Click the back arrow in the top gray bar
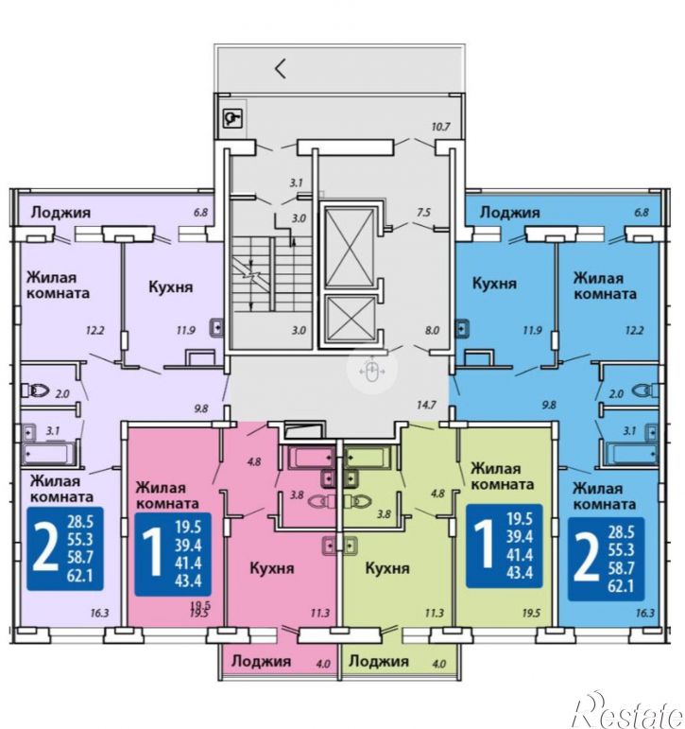[x=280, y=69]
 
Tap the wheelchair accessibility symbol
[x=231, y=118]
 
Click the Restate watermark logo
[x=628, y=710]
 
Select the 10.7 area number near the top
[x=440, y=127]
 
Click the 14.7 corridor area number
[x=426, y=405]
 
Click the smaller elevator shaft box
[x=351, y=319]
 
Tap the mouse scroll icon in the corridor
[x=371, y=370]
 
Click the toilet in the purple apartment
[x=35, y=391]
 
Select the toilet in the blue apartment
[x=645, y=391]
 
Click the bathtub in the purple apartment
[x=49, y=453]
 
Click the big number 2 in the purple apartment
[x=44, y=549]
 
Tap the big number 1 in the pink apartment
[x=151, y=553]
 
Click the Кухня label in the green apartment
[x=387, y=567]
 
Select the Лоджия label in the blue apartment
[x=510, y=213]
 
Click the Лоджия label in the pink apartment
[x=261, y=661]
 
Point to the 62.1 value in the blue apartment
[x=621, y=586]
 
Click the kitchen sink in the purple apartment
[x=216, y=328]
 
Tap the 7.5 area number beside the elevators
[x=424, y=213]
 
